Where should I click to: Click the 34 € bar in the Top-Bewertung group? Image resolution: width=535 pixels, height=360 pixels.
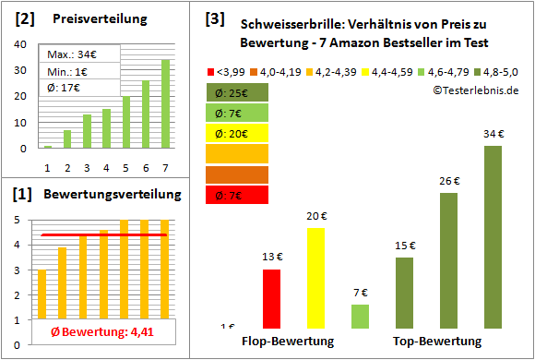[493, 237]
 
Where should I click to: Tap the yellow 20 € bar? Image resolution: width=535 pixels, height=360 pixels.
[315, 278]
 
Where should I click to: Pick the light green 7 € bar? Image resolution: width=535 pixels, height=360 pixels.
[360, 317]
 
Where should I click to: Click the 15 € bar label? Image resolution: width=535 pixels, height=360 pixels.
[405, 246]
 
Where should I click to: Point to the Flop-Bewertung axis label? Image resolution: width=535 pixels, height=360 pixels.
[287, 342]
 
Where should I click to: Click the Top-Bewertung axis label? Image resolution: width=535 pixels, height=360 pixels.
[437, 342]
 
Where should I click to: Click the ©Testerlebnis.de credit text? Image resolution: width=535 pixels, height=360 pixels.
[474, 90]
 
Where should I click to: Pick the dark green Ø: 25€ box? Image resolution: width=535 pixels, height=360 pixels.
[238, 92]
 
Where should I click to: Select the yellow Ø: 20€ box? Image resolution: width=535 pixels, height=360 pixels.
[238, 133]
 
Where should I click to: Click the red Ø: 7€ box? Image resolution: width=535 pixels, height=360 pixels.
[238, 194]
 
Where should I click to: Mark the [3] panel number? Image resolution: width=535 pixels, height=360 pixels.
[214, 18]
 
